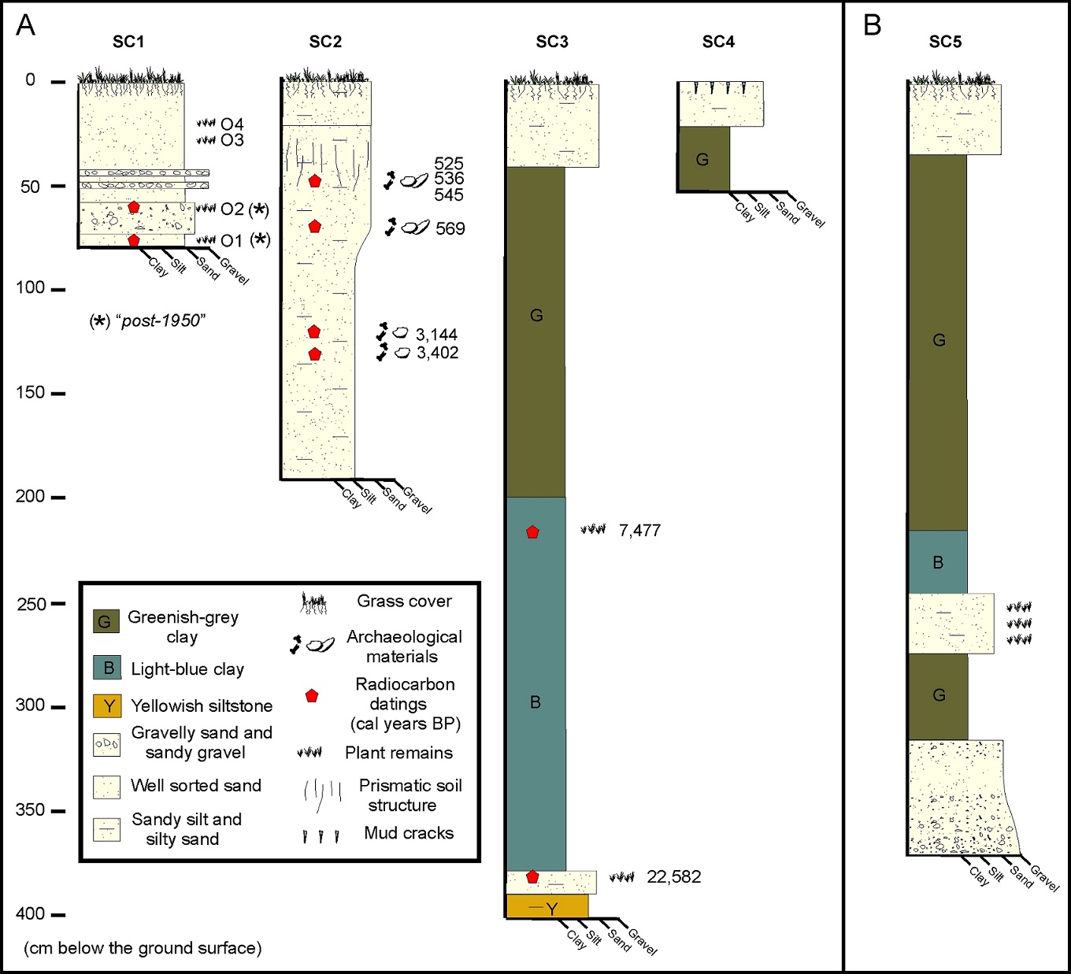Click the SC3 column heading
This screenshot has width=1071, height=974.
(x=551, y=42)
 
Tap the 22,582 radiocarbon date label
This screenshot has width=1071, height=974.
(x=673, y=877)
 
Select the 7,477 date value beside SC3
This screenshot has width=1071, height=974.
(x=639, y=531)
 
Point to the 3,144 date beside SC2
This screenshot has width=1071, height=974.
(x=436, y=335)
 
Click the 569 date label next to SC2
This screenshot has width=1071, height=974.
(x=450, y=228)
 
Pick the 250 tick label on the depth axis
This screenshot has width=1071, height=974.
(x=31, y=604)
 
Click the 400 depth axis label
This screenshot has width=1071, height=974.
(x=31, y=913)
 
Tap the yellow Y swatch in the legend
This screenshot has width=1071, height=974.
(x=107, y=706)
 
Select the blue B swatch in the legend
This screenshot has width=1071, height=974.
(x=107, y=668)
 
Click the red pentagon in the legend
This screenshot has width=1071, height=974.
(x=312, y=696)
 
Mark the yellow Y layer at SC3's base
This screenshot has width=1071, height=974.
(x=547, y=907)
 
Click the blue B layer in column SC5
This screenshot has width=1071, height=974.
(x=937, y=562)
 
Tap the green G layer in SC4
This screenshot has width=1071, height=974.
(x=702, y=160)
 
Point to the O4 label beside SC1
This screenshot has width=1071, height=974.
(x=232, y=124)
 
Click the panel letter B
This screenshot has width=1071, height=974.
(x=872, y=26)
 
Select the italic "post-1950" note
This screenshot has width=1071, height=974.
(x=161, y=320)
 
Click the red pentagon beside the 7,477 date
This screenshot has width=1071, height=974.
(x=532, y=532)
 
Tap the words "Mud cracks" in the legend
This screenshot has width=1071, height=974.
(x=409, y=833)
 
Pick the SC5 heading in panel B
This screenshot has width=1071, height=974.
(x=945, y=42)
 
